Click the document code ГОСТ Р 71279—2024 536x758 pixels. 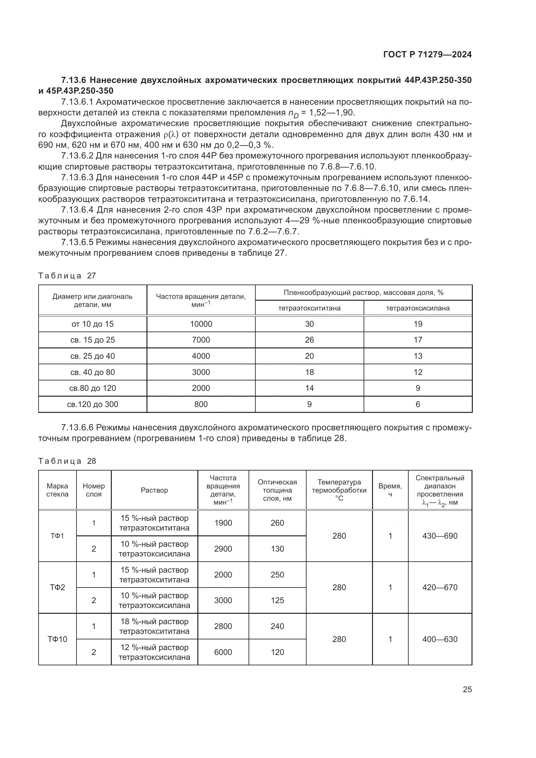[427, 54]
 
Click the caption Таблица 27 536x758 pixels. [67, 276]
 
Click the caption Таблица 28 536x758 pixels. [67, 461]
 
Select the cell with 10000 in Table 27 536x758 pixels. [201, 324]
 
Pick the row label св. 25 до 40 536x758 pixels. [92, 356]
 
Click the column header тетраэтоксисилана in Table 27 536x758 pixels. [417, 308]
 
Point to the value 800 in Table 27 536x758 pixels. [201, 404]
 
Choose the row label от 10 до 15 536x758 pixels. [92, 324]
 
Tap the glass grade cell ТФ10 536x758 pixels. [57, 639]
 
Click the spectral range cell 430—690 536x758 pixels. [440, 536]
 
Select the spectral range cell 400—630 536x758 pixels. [440, 639]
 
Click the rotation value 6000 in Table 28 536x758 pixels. [223, 652]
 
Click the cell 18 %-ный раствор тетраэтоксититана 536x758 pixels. [154, 626]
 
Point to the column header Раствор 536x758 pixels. [154, 490]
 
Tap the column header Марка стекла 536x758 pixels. [57, 490]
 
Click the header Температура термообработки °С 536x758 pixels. [339, 490]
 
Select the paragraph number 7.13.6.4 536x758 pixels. [77, 210]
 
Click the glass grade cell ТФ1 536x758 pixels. [57, 536]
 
